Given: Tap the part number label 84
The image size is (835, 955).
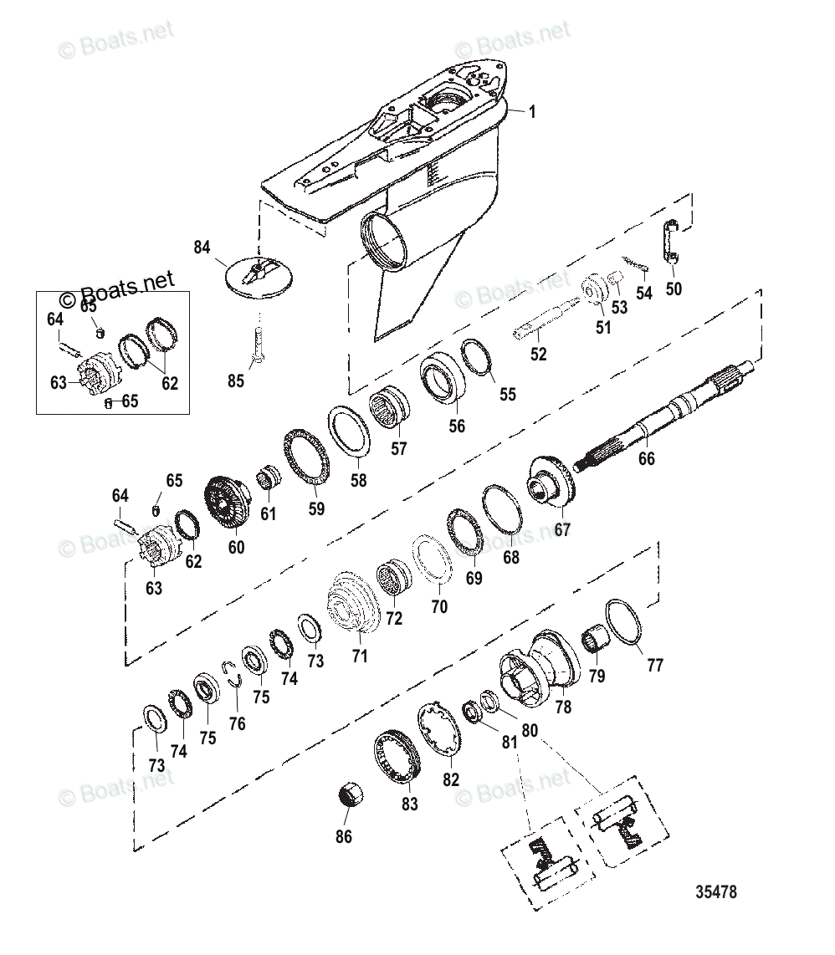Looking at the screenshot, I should [202, 248].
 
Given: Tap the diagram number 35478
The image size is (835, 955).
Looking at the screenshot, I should [716, 892].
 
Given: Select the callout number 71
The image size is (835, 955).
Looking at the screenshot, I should [359, 656].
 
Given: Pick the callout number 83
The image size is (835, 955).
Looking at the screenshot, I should [409, 804].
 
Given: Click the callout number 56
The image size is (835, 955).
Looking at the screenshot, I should [457, 426].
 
